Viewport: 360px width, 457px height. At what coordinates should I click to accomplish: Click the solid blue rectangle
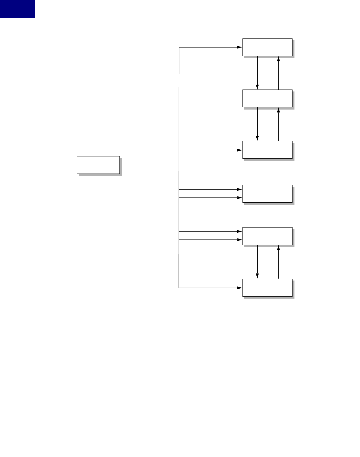point(17,9)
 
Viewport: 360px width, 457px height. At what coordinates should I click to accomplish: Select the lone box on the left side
point(98,165)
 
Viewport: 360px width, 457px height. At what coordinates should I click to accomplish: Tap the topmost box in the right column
point(267,47)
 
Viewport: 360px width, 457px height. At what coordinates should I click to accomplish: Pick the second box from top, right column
point(267,98)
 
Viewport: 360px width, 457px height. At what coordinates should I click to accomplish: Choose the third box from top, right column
point(267,150)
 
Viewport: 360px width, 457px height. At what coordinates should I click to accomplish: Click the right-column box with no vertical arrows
point(267,194)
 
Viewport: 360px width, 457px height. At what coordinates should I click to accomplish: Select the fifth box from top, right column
point(267,236)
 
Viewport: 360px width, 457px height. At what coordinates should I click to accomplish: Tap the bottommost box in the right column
point(267,287)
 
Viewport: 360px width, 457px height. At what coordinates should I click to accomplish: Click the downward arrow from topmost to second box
point(257,73)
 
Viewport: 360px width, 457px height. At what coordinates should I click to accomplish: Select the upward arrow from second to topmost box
point(278,73)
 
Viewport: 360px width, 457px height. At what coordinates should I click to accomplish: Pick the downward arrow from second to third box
point(257,124)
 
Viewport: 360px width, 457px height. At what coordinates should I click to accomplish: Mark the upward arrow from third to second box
point(278,124)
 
